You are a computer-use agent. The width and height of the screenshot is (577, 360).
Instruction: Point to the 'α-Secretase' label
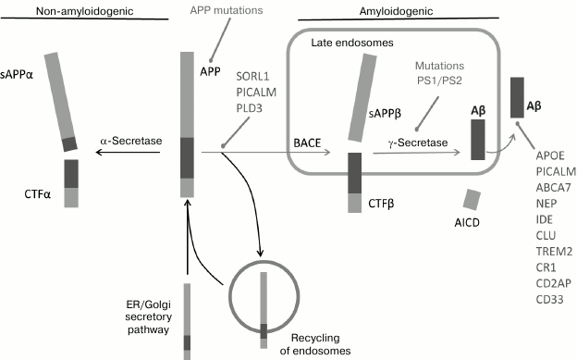[x=131, y=141]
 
